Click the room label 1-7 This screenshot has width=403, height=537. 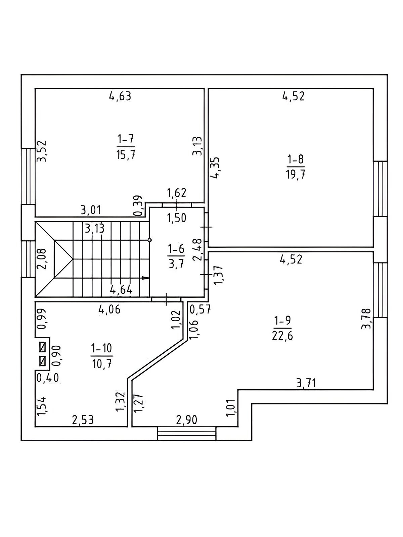(x=126, y=138)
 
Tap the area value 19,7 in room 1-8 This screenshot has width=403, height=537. (x=296, y=175)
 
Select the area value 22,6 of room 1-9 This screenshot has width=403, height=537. (x=282, y=336)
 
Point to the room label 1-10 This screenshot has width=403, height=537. (x=101, y=348)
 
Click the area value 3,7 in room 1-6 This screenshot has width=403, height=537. (x=176, y=264)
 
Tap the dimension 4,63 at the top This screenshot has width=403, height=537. (x=120, y=96)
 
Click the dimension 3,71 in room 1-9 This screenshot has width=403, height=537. (x=306, y=383)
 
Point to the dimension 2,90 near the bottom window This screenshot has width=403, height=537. (x=186, y=420)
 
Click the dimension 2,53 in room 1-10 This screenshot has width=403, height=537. (x=83, y=420)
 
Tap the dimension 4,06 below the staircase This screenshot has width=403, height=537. (x=109, y=309)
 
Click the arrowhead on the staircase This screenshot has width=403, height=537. (x=145, y=278)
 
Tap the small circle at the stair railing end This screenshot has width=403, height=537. (x=149, y=240)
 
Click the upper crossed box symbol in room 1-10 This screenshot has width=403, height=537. (x=43, y=346)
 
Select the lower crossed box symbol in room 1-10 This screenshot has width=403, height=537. (x=43, y=361)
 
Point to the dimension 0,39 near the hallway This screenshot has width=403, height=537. (x=138, y=206)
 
